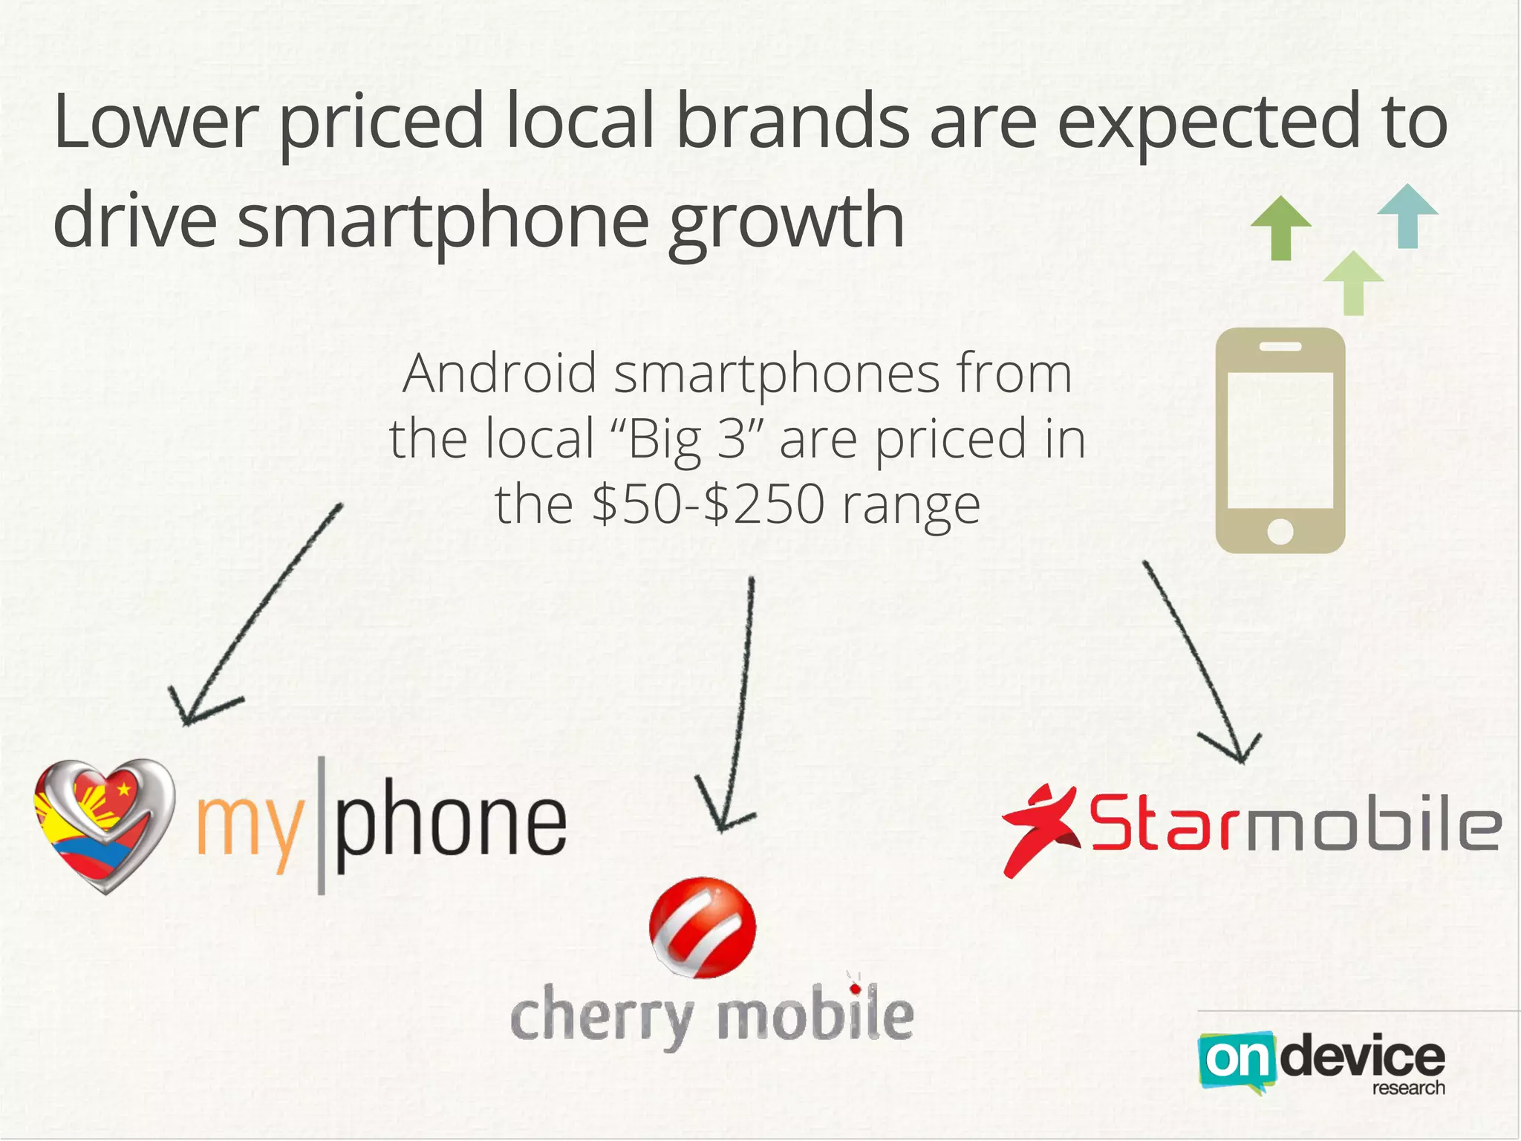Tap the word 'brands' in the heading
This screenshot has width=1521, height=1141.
click(x=792, y=121)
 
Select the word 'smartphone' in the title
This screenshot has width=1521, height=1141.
click(x=443, y=221)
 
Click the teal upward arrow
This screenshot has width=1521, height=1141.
click(x=1407, y=215)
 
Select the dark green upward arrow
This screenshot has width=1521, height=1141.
click(x=1281, y=228)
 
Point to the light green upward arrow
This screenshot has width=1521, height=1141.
click(x=1353, y=283)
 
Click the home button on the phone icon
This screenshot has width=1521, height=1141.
click(x=1280, y=531)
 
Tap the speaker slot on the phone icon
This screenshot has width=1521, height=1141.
click(x=1280, y=347)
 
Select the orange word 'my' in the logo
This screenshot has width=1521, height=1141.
click(x=250, y=828)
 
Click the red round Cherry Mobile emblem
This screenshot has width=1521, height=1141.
click(x=702, y=926)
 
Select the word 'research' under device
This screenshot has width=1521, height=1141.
click(x=1408, y=1088)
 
